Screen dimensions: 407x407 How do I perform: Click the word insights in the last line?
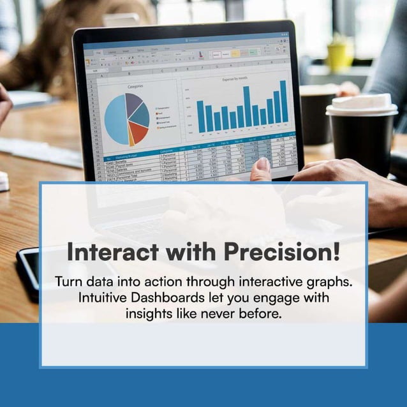151,314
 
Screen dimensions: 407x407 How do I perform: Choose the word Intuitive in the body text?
102,297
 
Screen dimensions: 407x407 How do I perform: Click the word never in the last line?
225,314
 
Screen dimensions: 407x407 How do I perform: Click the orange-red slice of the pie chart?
137,132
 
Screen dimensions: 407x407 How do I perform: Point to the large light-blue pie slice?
116,121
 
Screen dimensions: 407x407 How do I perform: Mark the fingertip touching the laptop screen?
262,164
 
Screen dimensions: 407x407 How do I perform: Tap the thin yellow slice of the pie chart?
130,138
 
